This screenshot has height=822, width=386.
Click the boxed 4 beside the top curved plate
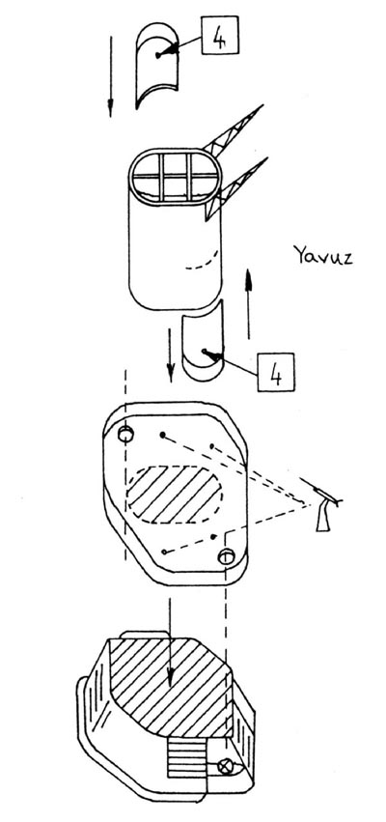[x=219, y=35]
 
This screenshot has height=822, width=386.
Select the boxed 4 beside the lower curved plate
[x=275, y=372]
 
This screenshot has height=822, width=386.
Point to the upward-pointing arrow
[x=249, y=303]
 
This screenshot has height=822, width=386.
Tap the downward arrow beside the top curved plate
[x=110, y=76]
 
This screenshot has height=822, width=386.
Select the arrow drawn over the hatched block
[x=170, y=641]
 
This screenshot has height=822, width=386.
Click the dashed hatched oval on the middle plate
[x=175, y=495]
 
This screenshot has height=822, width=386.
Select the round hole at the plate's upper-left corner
[x=125, y=434]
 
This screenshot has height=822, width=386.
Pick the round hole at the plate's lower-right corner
[x=226, y=555]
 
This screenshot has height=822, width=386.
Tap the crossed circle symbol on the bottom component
[x=226, y=766]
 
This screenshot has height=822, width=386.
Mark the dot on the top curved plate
[x=157, y=54]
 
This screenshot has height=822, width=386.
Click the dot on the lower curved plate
[x=204, y=351]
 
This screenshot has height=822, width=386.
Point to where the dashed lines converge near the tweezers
[x=305, y=505]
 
